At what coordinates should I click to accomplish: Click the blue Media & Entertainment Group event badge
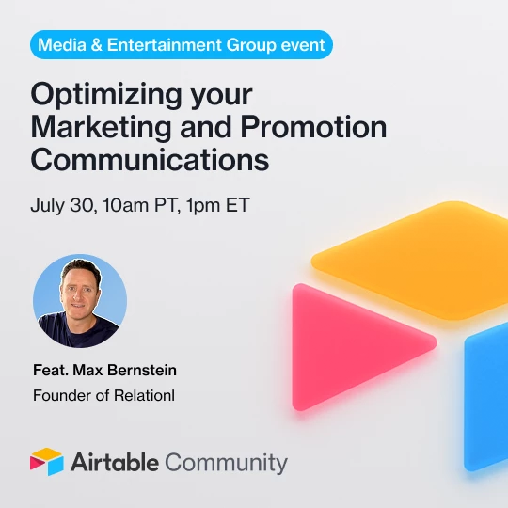182,45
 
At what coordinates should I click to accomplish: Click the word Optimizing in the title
106,95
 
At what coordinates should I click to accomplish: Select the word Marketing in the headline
101,127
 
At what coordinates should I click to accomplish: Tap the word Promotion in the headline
313,127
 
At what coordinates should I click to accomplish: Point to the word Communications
150,159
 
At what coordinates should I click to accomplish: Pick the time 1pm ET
218,205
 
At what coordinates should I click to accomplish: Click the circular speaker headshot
80,301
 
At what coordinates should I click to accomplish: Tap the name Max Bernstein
125,370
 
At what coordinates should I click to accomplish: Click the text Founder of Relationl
104,395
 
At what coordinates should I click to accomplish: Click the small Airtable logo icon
47,462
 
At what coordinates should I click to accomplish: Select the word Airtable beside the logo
115,462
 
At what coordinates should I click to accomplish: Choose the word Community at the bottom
226,464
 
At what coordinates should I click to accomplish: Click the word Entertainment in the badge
165,45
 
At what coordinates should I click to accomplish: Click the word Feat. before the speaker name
51,370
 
